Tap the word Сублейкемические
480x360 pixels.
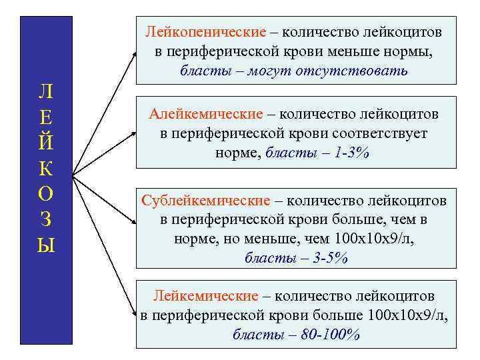pyautogui.click(x=205, y=201)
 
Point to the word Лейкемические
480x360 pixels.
pyautogui.click(x=205, y=295)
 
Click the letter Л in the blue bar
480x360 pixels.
pyautogui.click(x=46, y=91)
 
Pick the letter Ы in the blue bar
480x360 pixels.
pyautogui.click(x=46, y=245)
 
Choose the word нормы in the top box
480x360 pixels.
pyautogui.click(x=413, y=51)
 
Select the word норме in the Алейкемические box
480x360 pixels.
pyautogui.click(x=237, y=153)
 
